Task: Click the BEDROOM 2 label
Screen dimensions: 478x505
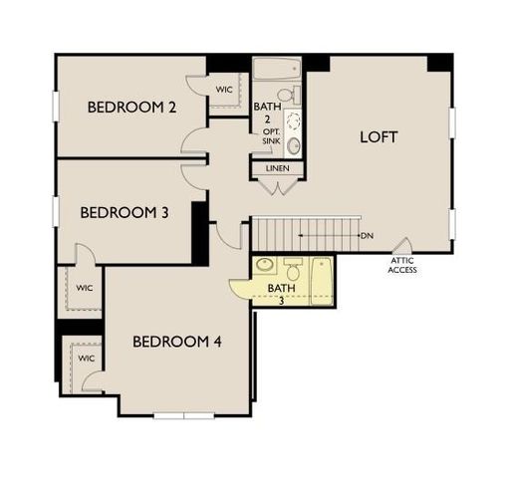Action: point(131,108)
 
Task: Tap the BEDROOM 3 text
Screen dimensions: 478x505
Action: point(125,211)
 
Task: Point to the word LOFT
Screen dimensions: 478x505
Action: point(379,137)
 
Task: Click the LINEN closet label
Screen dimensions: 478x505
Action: point(278,168)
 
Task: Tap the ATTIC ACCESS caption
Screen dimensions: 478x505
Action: point(402,265)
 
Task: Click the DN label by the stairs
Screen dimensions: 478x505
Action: point(367,236)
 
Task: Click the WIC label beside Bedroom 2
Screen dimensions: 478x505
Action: point(225,89)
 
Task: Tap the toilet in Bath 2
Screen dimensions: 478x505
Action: point(295,145)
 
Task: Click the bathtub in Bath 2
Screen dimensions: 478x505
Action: point(278,70)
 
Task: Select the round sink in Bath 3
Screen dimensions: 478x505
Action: point(265,266)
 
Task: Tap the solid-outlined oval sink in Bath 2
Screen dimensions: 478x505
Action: point(295,145)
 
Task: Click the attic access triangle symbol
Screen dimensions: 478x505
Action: point(402,245)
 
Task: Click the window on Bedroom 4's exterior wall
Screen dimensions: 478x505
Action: point(184,414)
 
